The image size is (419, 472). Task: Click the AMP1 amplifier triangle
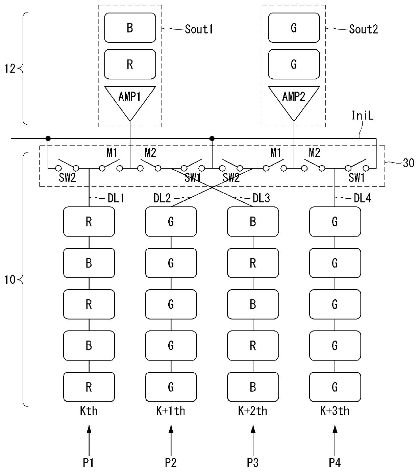(130, 100)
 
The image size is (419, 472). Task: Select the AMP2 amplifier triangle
(294, 100)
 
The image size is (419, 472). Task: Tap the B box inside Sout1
(130, 28)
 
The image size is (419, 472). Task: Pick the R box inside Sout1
(130, 64)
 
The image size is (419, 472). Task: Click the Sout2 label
(363, 29)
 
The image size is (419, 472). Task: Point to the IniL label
(362, 116)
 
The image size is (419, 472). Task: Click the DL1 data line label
(116, 198)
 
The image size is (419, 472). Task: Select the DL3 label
(261, 198)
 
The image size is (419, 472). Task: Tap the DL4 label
(362, 198)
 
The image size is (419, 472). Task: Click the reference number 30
(409, 163)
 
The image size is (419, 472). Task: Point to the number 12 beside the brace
(10, 69)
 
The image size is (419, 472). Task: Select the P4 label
(335, 463)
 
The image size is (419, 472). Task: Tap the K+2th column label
(253, 411)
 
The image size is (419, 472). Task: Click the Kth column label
(89, 411)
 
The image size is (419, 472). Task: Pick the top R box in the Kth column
(89, 222)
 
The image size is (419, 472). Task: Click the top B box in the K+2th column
(253, 222)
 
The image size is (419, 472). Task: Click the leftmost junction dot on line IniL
(48, 139)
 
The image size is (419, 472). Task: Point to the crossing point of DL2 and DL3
(212, 187)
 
